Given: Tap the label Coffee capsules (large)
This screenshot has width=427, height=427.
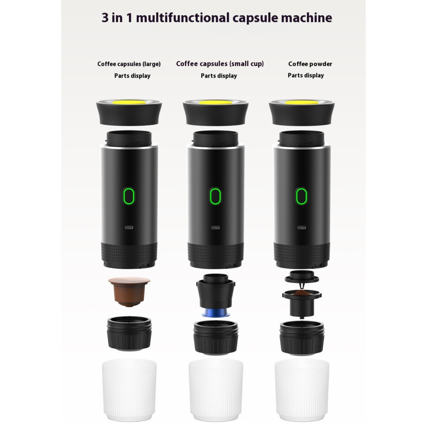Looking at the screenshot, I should click(x=129, y=64).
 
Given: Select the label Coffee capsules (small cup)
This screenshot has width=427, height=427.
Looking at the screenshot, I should click(x=220, y=64).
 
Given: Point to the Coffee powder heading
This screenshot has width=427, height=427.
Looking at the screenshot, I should click(x=310, y=64).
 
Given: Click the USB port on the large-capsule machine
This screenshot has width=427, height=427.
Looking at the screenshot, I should click(x=129, y=228).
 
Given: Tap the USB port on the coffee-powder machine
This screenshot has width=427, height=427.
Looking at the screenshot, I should click(x=301, y=228).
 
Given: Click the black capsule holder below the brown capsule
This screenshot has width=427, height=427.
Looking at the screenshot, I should click(x=129, y=333).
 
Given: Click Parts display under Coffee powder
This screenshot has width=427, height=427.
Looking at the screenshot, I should click(x=306, y=76).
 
